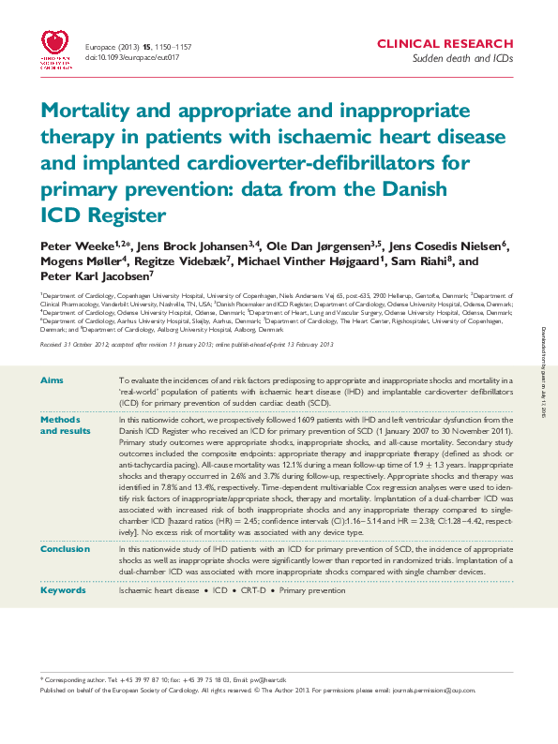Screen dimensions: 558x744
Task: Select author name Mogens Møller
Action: [75, 261]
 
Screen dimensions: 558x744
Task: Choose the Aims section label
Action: [53, 379]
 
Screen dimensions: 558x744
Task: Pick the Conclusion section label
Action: [66, 548]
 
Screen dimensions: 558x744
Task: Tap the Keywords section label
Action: [63, 591]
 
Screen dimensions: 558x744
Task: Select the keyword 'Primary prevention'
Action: [311, 591]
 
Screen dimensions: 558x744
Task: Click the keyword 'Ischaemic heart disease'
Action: [158, 591]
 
